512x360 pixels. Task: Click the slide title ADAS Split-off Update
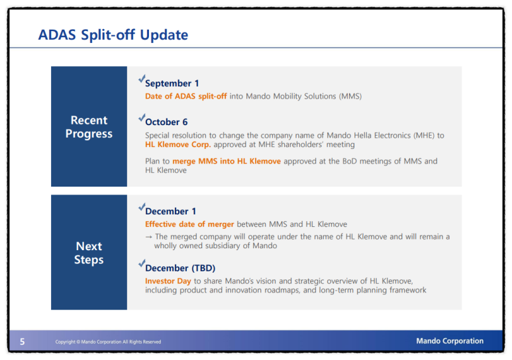click(x=113, y=35)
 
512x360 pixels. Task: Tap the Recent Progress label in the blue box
click(x=89, y=127)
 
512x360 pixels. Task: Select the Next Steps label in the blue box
click(x=89, y=253)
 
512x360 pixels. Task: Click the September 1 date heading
click(x=172, y=83)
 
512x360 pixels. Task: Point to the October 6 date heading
click(x=166, y=122)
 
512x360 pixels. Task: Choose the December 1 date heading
click(x=170, y=212)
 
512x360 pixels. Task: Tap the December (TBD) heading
click(x=180, y=268)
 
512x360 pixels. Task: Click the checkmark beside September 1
click(x=141, y=78)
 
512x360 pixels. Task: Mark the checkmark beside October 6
click(x=141, y=118)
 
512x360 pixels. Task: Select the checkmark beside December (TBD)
click(x=141, y=263)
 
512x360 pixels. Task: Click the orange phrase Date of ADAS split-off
click(x=186, y=96)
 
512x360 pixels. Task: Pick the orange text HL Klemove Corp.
click(x=178, y=144)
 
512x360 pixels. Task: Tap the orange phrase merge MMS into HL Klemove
click(x=227, y=161)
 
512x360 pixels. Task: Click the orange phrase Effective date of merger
click(x=189, y=224)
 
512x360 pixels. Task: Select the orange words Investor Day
click(x=168, y=281)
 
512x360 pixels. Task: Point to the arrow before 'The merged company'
click(x=149, y=237)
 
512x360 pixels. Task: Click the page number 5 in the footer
click(x=23, y=341)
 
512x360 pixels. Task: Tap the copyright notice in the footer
click(x=108, y=341)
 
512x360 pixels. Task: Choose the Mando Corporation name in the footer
click(x=450, y=341)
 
